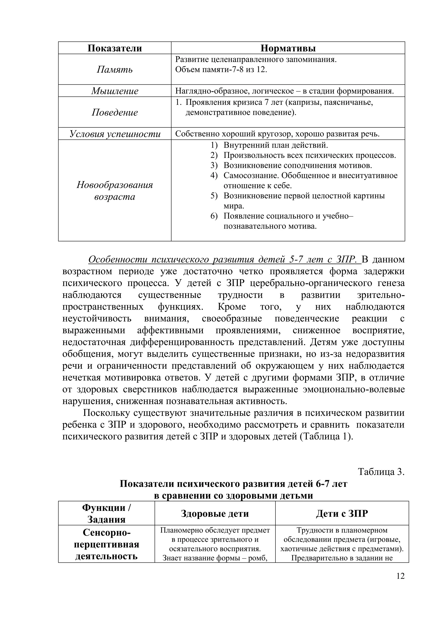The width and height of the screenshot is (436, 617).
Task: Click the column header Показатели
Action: point(115,48)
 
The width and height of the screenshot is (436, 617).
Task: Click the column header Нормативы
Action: point(288,48)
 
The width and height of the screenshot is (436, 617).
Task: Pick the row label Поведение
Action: point(115,112)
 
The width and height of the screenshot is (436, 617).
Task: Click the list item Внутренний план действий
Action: point(276,145)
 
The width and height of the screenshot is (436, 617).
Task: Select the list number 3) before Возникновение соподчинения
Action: point(214,166)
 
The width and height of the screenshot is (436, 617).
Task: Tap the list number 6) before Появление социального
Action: point(214,216)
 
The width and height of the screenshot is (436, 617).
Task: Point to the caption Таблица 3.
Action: point(381,472)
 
